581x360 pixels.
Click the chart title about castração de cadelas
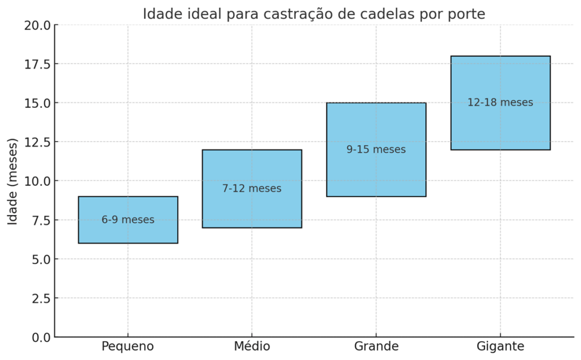[x=314, y=14]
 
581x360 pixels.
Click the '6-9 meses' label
[x=128, y=220]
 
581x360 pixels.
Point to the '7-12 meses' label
[x=251, y=189]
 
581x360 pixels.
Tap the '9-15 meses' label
[x=376, y=150]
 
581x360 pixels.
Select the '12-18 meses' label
[x=500, y=103]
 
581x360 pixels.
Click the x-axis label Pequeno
[x=128, y=346]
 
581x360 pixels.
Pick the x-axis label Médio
[x=251, y=346]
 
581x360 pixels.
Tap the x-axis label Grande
[x=376, y=346]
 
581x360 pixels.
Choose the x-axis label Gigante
[x=500, y=346]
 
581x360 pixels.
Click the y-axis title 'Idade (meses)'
[x=12, y=181]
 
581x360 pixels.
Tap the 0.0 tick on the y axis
[x=40, y=337]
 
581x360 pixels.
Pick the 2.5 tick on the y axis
[x=40, y=298]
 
